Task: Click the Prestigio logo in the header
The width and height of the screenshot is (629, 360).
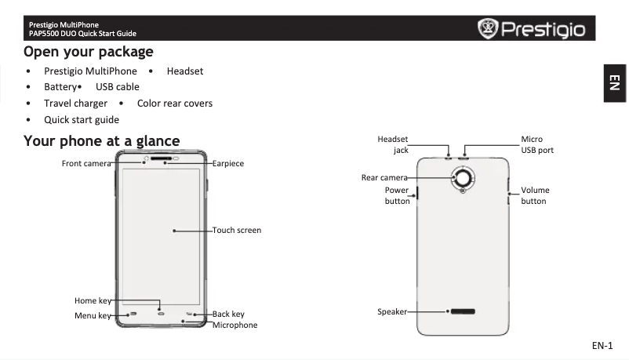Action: point(533,30)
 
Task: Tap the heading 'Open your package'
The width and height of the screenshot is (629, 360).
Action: point(88,52)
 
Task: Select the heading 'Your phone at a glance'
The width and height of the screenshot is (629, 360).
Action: point(102,141)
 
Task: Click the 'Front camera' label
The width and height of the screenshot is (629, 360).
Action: point(86,163)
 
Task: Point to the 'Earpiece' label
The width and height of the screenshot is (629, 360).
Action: point(228,163)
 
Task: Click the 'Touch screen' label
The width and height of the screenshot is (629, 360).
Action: point(237,231)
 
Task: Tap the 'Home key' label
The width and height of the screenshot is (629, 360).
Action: point(93,300)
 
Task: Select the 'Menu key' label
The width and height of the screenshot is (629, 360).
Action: point(93,315)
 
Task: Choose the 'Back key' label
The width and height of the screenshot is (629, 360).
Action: point(228,315)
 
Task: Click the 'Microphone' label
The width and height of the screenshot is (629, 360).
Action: point(235,325)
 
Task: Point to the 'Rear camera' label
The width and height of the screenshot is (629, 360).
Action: point(384,178)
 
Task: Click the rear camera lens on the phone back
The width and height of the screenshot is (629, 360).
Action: point(464,178)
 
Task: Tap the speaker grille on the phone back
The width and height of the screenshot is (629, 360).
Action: point(463,311)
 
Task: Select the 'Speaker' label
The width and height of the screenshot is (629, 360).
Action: point(392,311)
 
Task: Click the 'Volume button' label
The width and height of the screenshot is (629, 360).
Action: point(535,195)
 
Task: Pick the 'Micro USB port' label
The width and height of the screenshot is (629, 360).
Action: point(537,144)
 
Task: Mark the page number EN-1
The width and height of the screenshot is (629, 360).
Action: point(602,346)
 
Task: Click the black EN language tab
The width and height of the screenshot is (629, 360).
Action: point(615,82)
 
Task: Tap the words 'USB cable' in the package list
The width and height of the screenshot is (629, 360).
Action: point(118,87)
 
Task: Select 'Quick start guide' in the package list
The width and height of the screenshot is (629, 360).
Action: point(82,120)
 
